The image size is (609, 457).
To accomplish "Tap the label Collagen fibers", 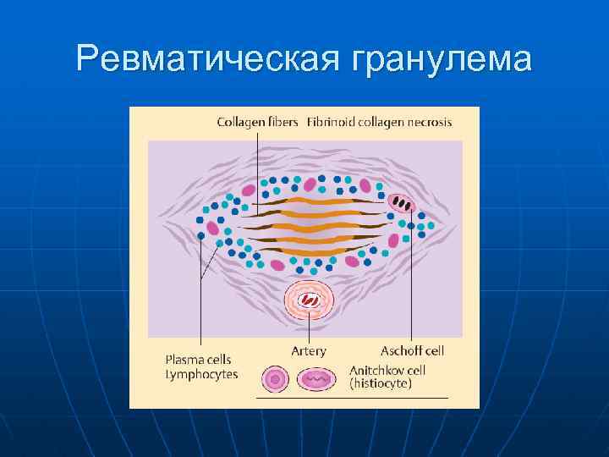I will [257, 122].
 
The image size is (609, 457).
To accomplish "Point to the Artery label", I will [308, 350].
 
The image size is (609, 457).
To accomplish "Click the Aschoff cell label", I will [412, 350].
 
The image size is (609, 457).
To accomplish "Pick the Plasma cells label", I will [198, 360].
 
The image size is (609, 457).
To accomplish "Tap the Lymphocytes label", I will [201, 373].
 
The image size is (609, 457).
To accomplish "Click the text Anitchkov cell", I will [387, 370].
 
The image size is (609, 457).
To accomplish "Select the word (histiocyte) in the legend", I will [381, 383].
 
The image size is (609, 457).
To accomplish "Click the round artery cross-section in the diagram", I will [309, 300].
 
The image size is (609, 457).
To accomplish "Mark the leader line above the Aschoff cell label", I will [411, 279].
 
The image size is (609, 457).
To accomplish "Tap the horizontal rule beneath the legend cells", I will [351, 398].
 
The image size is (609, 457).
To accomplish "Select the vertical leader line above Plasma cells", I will [200, 305].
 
